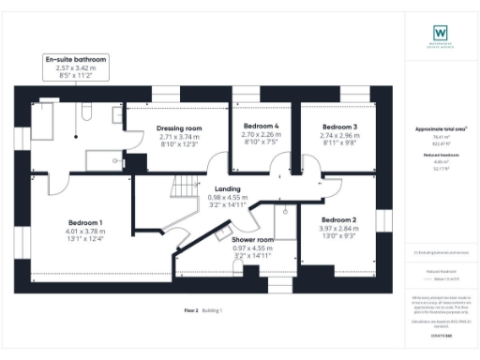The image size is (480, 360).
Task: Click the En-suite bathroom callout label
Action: coord(77,59)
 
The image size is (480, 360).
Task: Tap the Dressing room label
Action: coord(180,127)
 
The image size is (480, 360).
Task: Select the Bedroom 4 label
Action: coord(262,126)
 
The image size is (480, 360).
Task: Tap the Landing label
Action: coord(227,188)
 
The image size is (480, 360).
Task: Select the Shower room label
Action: coord(252,240)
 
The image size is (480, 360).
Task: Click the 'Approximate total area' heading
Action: coord(441,128)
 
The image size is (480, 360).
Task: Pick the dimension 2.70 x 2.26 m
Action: coord(262,135)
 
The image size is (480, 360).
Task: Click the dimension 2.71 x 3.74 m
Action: coord(180,137)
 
